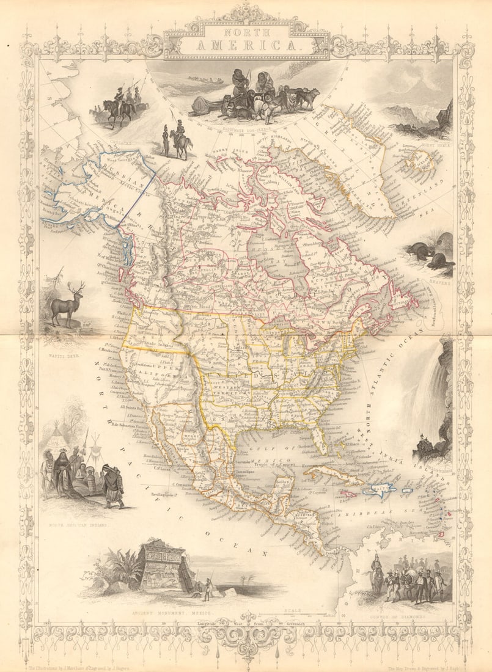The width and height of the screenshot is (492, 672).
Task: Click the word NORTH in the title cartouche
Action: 246,31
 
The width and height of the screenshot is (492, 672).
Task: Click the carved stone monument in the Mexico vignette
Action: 162,568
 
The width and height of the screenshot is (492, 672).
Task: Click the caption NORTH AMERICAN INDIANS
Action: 79,524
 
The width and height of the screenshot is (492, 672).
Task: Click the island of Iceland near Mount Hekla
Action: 417,160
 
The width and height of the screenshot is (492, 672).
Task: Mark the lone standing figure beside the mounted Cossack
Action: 166,142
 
